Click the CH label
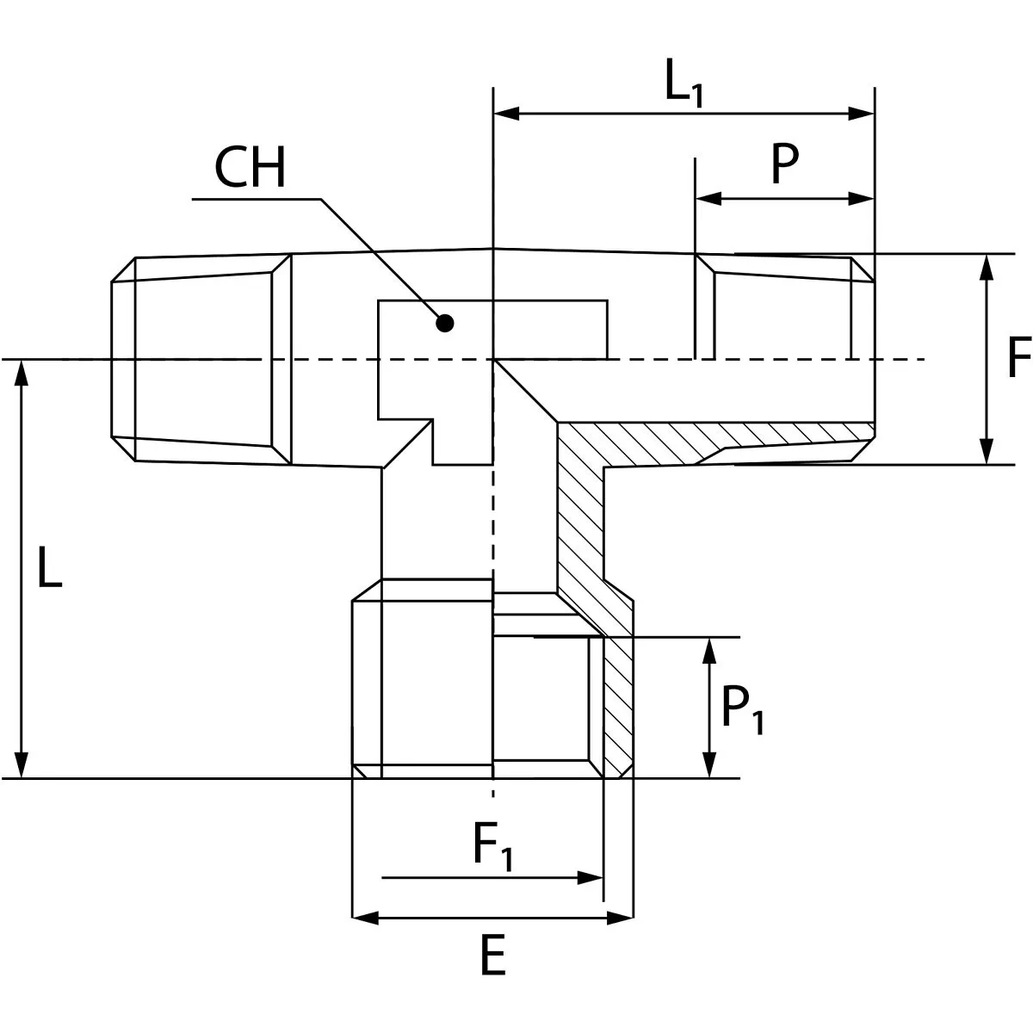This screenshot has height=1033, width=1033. [x=250, y=168]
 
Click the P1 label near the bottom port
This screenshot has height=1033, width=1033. [x=741, y=710]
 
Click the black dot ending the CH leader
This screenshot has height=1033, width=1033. [x=445, y=323]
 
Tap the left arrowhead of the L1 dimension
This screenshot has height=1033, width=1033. [x=506, y=113]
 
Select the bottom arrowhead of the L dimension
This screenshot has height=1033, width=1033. [x=22, y=764]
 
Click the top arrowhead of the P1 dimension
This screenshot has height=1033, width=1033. [x=709, y=651]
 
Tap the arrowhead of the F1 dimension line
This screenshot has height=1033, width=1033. [x=590, y=878]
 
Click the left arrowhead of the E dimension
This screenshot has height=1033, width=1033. [x=366, y=918]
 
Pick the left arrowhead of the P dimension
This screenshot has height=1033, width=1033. [x=708, y=199]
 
